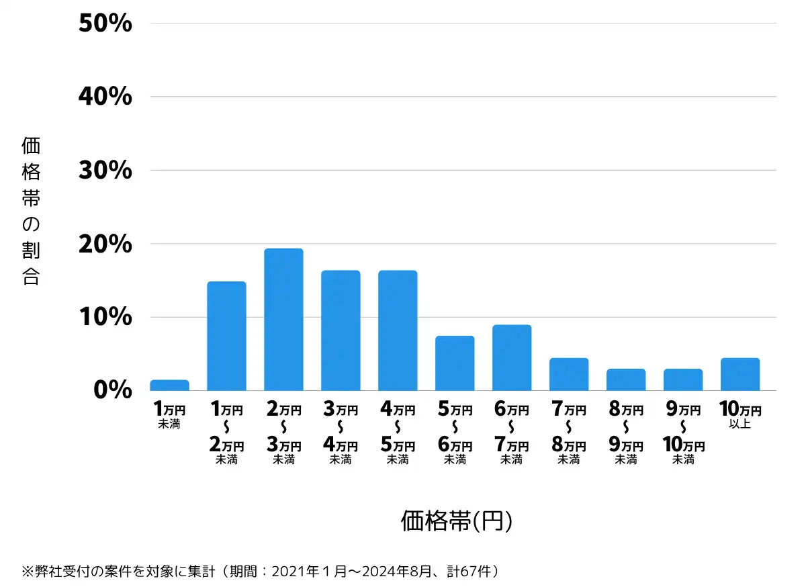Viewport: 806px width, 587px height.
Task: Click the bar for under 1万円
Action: click(x=169, y=386)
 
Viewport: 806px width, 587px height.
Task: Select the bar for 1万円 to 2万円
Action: click(x=226, y=336)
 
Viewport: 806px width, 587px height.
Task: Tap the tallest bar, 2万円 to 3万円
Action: click(x=283, y=320)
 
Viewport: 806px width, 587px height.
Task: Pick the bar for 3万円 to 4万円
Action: click(x=341, y=330)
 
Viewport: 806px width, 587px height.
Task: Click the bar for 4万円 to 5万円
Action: click(x=398, y=330)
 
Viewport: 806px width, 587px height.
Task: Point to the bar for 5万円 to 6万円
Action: click(x=455, y=363)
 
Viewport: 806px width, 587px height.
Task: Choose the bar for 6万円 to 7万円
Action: click(x=512, y=358)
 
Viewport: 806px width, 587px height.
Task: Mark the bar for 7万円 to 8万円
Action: click(x=569, y=374)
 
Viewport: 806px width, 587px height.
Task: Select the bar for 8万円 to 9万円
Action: click(x=626, y=379)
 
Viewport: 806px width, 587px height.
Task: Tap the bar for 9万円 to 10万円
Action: click(x=683, y=379)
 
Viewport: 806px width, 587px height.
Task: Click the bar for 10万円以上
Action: click(x=740, y=374)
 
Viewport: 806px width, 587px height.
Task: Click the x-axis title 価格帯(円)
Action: click(x=457, y=521)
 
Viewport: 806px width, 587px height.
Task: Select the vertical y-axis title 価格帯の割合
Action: click(x=31, y=211)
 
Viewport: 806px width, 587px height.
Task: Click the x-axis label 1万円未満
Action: click(x=169, y=415)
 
